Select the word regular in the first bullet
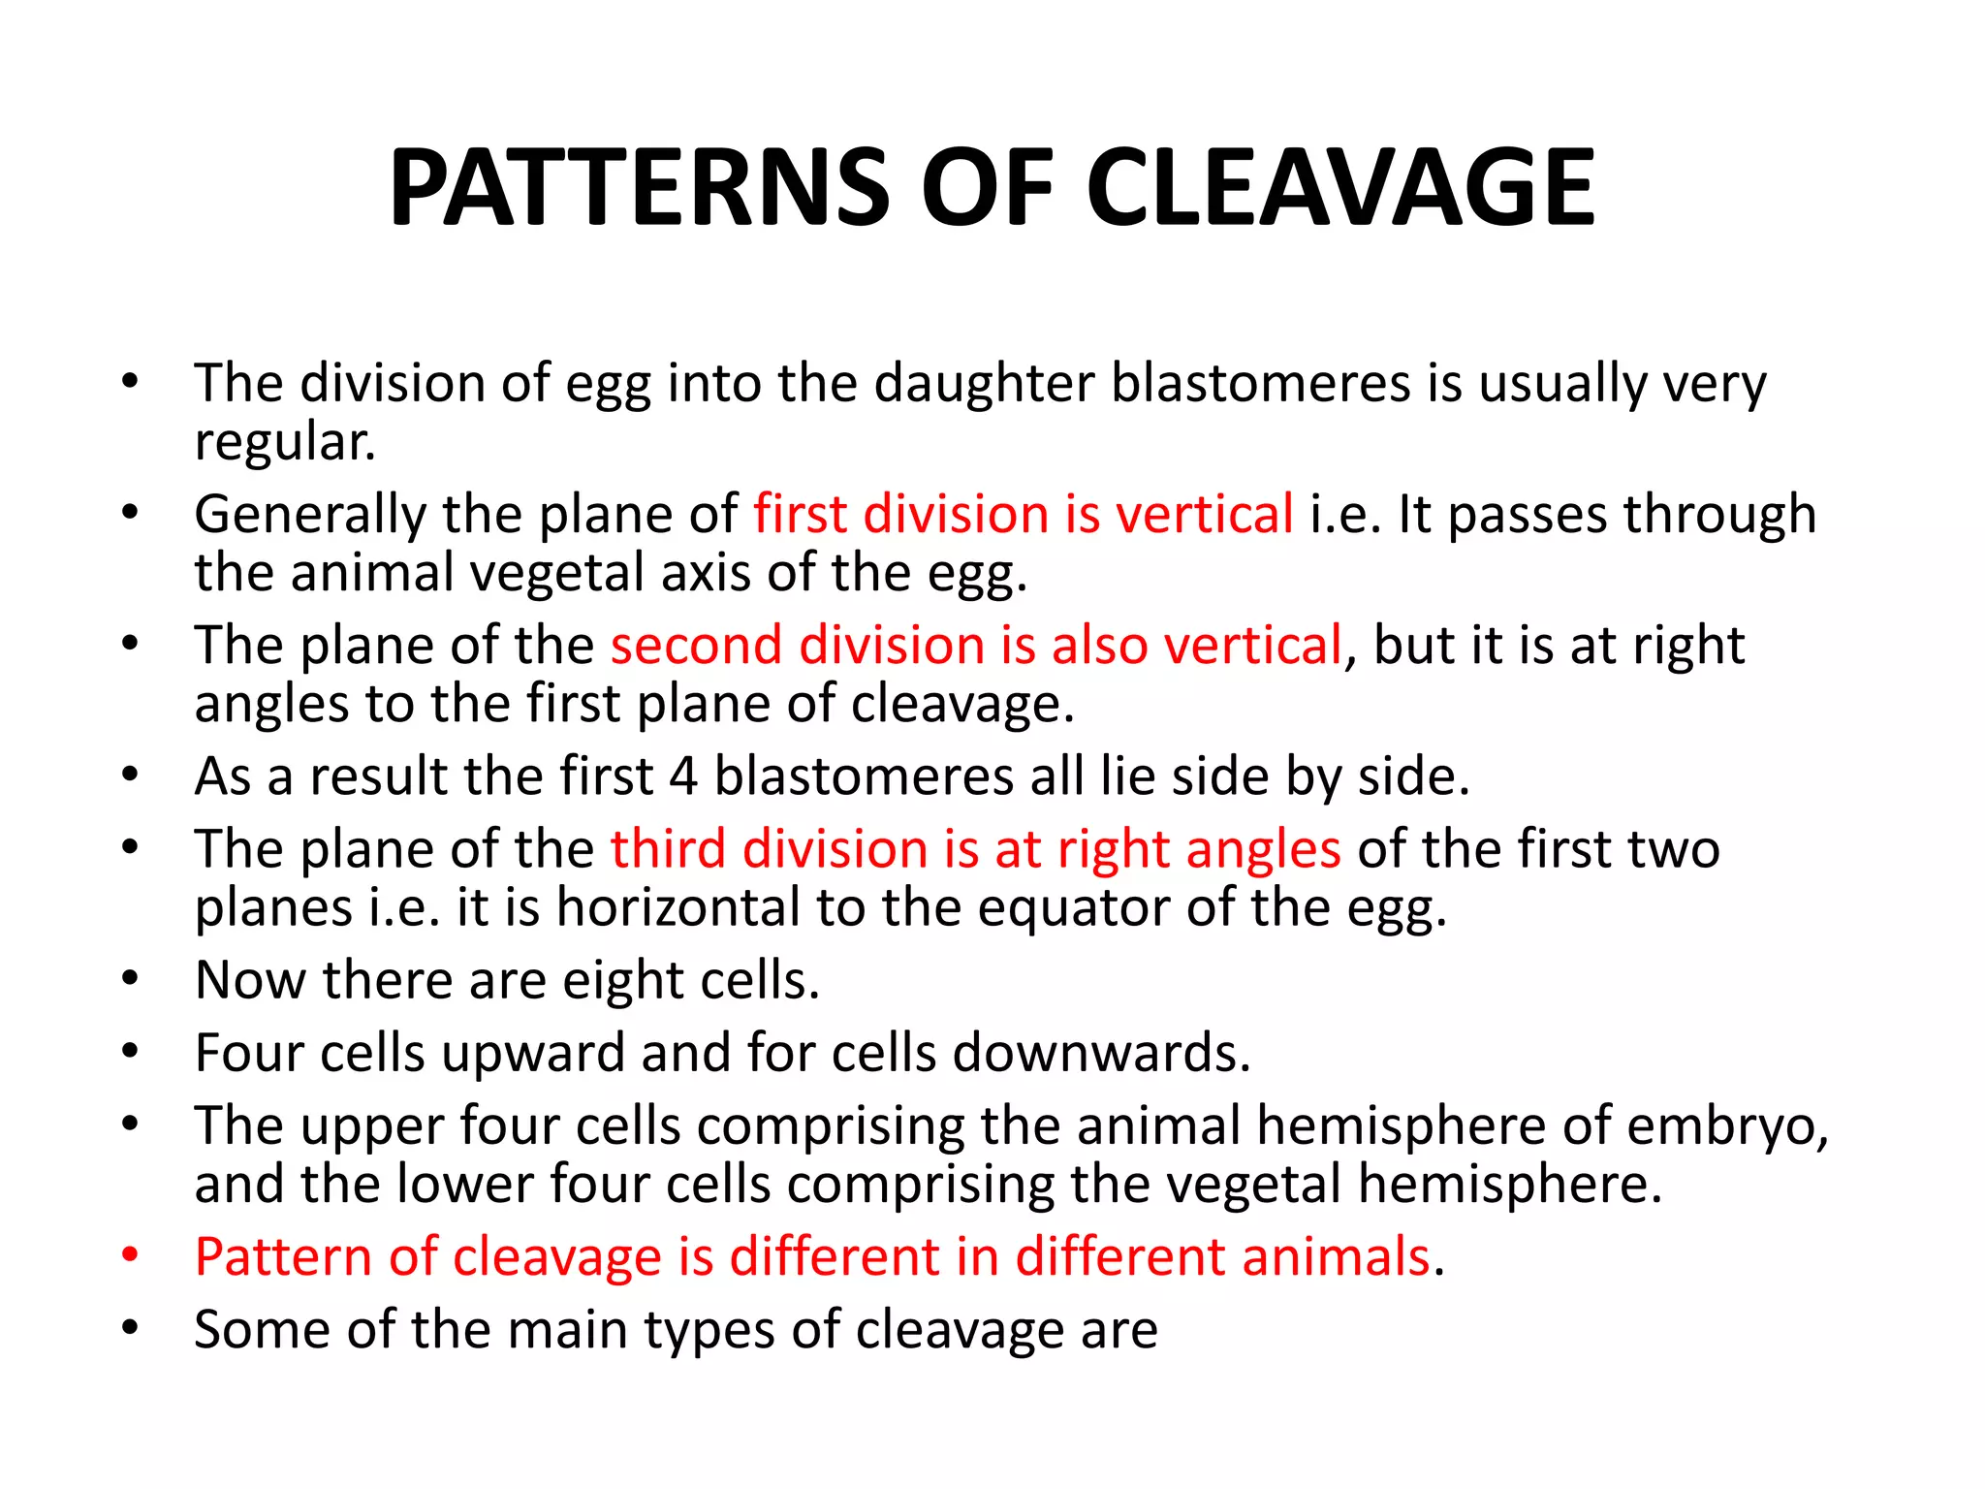point(283,443)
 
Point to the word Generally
point(309,515)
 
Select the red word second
point(696,646)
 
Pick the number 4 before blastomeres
point(683,776)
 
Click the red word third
point(668,849)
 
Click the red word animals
point(1336,1257)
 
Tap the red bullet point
point(131,1255)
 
